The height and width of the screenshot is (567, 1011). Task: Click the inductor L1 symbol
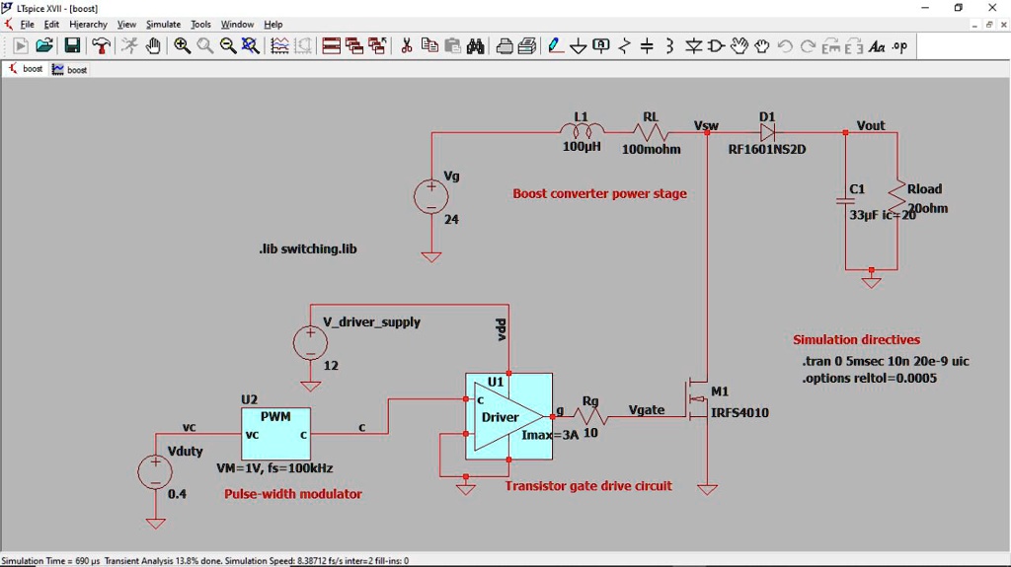(582, 131)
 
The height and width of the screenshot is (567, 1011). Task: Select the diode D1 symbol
(767, 132)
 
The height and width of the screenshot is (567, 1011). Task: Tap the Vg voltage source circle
(431, 196)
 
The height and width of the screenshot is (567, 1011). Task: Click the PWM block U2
(275, 433)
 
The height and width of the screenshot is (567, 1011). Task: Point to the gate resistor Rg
(591, 417)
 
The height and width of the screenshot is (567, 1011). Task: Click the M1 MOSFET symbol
(699, 400)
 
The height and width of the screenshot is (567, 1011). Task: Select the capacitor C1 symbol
(846, 202)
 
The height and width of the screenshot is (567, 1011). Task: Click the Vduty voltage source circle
(155, 471)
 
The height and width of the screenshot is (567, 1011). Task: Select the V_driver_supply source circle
(310, 342)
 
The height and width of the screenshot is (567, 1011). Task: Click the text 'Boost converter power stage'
(599, 193)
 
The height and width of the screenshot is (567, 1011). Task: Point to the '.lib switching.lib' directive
(307, 249)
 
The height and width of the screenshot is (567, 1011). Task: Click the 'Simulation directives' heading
(856, 339)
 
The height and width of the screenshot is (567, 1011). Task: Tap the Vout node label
(871, 125)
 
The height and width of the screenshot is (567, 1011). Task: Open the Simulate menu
(163, 24)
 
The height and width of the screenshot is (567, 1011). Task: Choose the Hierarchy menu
(88, 24)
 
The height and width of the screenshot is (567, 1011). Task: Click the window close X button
(991, 8)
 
